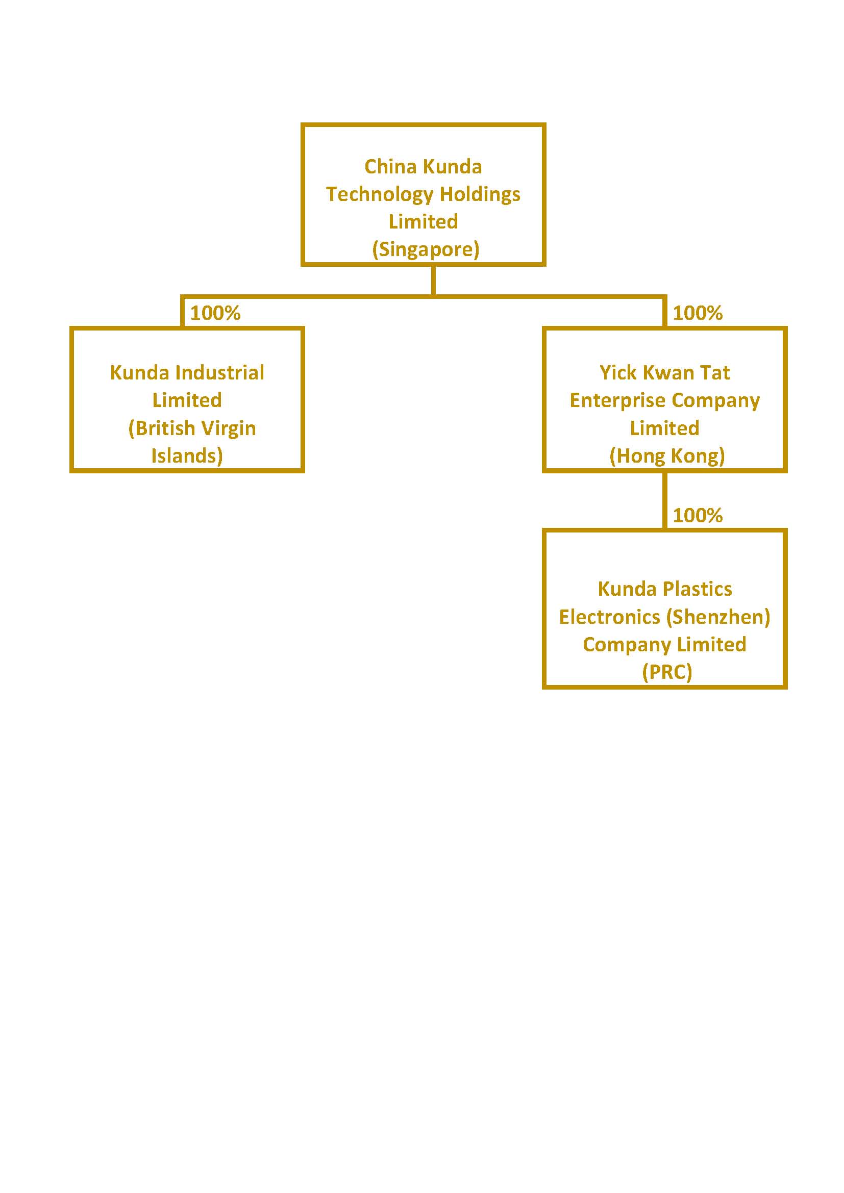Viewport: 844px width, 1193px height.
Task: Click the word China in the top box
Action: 390,167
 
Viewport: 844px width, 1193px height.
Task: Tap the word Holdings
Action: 480,195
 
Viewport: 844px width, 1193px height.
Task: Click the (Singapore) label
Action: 426,249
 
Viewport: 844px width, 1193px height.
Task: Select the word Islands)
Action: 187,455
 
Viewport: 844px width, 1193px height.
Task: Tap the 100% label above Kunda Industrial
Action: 215,313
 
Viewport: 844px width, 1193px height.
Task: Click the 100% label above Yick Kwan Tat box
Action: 698,313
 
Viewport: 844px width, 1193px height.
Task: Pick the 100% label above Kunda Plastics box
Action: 698,516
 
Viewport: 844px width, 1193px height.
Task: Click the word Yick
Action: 618,372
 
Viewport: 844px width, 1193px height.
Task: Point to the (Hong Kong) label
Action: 667,455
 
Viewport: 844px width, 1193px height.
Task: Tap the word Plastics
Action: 698,589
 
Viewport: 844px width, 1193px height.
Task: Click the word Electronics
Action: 609,617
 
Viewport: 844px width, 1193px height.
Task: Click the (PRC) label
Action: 667,672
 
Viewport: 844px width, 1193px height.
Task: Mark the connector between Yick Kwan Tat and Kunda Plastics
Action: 665,501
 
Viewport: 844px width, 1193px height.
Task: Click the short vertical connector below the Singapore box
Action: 433,281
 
